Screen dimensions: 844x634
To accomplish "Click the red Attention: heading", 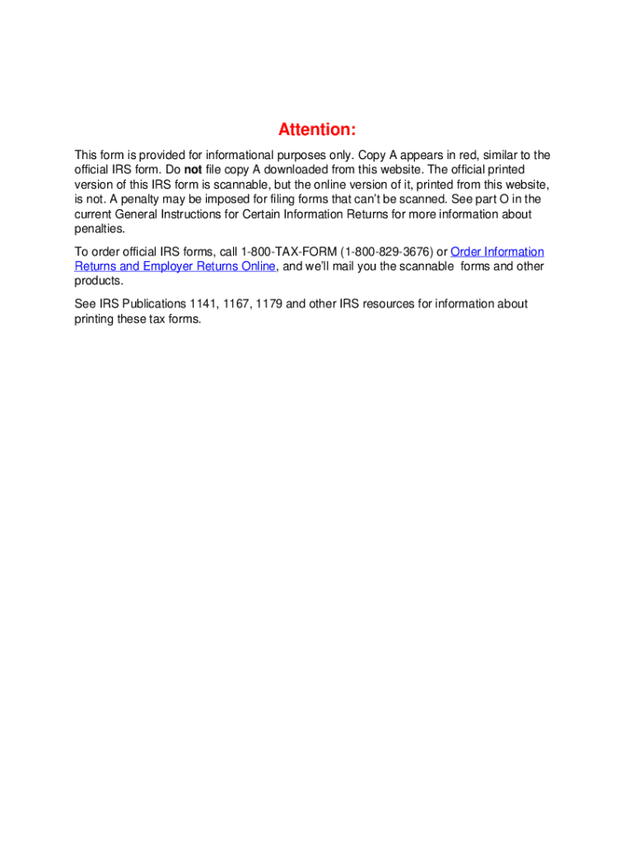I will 317,129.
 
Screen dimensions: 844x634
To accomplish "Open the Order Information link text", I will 497,251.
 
